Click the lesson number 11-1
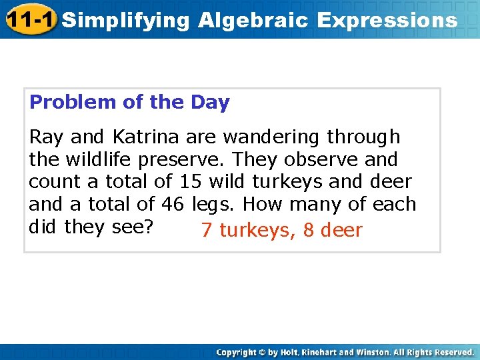(x=31, y=19)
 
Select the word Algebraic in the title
(x=253, y=20)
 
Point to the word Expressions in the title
(x=387, y=20)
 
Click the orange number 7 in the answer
(x=207, y=231)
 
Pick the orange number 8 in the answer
(x=308, y=231)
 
